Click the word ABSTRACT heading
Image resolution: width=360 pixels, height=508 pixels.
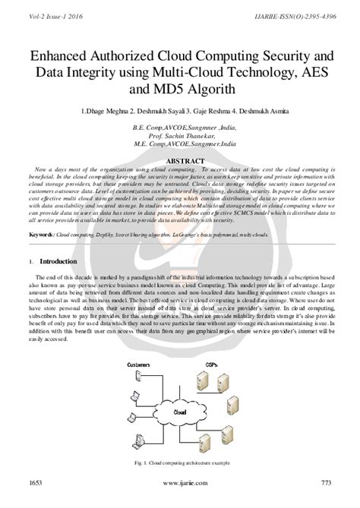click(x=180, y=161)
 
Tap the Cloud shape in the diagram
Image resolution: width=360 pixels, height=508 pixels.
click(x=180, y=412)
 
